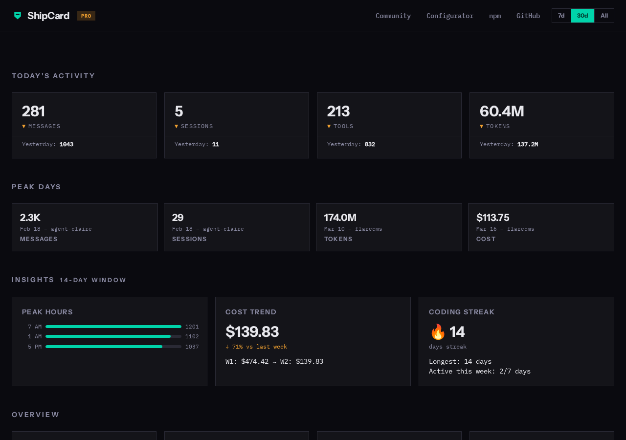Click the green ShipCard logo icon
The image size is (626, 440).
(x=18, y=16)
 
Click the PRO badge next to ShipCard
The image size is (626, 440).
(x=86, y=16)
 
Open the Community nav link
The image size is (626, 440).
(x=393, y=16)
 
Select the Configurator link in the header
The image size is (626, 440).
(x=449, y=16)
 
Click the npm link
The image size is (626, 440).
(x=494, y=16)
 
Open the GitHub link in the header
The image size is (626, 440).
(x=528, y=16)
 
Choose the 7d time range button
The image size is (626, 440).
(x=561, y=16)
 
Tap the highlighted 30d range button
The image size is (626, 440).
(x=582, y=16)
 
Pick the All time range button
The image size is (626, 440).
(x=604, y=16)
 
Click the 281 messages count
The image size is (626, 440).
(x=33, y=111)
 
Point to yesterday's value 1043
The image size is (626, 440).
(x=67, y=144)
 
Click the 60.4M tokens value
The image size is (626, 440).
(x=501, y=111)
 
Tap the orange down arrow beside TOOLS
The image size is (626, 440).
(x=329, y=126)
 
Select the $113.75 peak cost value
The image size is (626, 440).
(x=492, y=218)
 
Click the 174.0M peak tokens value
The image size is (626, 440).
(x=340, y=218)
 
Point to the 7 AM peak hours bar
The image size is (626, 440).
(x=113, y=327)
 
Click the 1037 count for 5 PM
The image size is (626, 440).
(x=192, y=347)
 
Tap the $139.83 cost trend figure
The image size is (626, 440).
(x=252, y=331)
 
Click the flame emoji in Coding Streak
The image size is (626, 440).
(x=438, y=332)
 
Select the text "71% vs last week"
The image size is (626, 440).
(x=259, y=347)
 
